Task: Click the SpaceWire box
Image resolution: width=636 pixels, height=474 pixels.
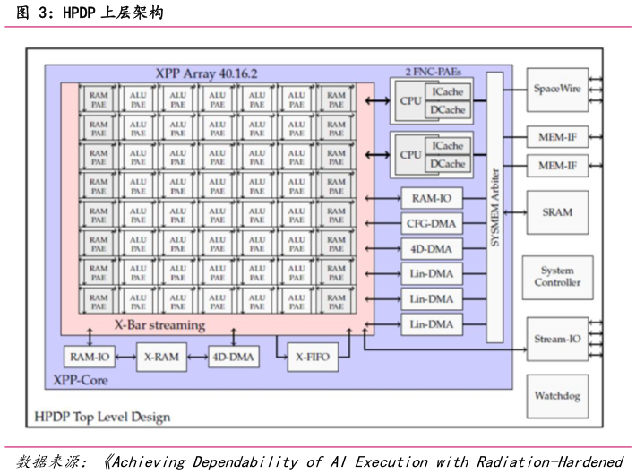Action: tap(556, 90)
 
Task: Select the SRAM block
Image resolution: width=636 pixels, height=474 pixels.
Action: tap(556, 212)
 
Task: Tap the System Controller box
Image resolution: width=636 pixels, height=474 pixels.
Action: tap(556, 276)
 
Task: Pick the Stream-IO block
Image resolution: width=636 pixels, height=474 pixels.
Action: tap(556, 339)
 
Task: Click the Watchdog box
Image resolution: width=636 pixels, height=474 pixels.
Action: tap(556, 395)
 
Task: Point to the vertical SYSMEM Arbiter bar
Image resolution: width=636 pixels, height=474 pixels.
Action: tap(494, 206)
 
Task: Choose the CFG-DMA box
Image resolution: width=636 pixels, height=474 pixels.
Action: tap(432, 223)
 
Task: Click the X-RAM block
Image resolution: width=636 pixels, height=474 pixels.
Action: tap(161, 358)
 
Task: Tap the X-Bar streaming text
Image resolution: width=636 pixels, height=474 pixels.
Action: tap(159, 324)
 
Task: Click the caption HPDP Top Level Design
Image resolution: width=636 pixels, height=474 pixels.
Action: tap(101, 417)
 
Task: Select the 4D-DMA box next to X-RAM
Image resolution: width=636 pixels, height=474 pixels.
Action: tap(233, 358)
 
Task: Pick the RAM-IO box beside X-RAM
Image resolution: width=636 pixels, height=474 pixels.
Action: tap(90, 358)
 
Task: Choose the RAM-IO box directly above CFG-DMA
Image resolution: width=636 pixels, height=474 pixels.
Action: tap(432, 198)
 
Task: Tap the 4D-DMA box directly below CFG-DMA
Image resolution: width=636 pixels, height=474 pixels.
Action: tap(432, 248)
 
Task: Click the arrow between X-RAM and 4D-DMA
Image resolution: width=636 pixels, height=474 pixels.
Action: tap(197, 358)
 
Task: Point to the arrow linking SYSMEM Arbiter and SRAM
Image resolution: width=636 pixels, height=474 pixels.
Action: tap(514, 212)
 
